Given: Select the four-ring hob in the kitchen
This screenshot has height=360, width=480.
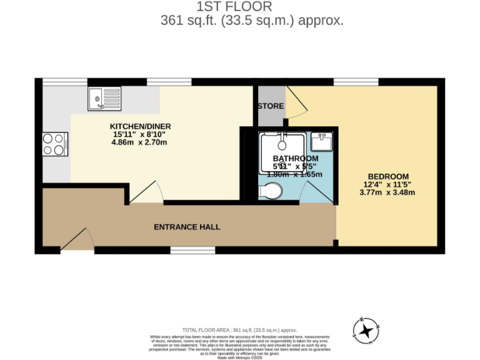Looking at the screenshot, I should pos(53,144).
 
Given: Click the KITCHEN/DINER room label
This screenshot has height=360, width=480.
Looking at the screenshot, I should pos(141,126).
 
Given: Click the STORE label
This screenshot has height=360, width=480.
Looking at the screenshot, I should pos(271,106).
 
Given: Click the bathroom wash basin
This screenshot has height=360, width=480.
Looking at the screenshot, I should pos(323,141).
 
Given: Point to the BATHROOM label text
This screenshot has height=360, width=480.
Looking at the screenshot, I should pos(291,159).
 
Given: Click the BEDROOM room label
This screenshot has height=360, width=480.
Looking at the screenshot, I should pos(387,176).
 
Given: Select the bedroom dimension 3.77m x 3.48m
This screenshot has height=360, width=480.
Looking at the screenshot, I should pos(387,192).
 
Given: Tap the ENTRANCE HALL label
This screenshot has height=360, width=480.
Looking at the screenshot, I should pos(187,227).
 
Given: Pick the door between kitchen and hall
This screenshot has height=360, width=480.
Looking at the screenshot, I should pos(147,192).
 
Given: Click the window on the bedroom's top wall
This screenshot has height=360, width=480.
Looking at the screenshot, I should pos(356,82).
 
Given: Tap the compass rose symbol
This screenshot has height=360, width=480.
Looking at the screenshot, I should pos(366,331).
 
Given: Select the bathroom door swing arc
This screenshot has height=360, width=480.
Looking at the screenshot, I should pos(324,194).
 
